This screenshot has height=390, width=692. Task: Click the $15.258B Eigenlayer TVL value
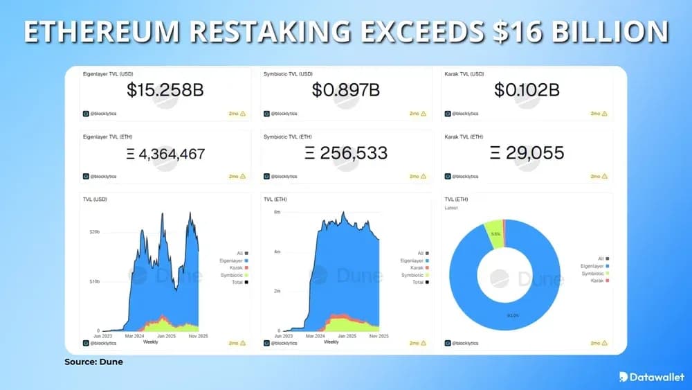pyautogui.click(x=165, y=89)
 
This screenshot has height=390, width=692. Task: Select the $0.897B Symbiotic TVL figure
pyautogui.click(x=345, y=89)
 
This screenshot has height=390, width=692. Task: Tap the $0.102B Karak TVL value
pyautogui.click(x=527, y=89)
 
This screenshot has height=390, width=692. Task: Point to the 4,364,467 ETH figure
pyautogui.click(x=165, y=153)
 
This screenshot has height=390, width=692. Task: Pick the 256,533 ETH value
pyautogui.click(x=345, y=153)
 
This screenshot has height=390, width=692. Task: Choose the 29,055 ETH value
pyautogui.click(x=527, y=153)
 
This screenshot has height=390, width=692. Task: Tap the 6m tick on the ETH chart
pyautogui.click(x=277, y=212)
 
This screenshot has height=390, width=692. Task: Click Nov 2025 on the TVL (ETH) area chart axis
pyautogui.click(x=379, y=336)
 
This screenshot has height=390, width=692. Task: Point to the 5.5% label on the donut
pyautogui.click(x=495, y=234)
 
